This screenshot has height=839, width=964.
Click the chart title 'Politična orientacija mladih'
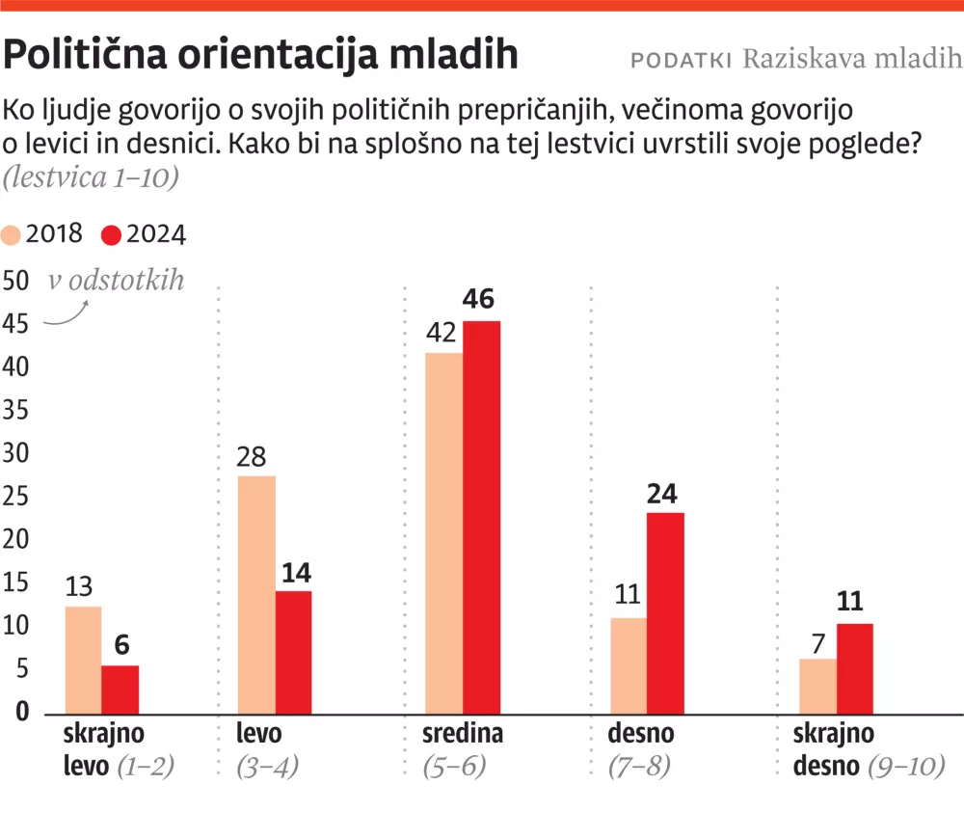(x=261, y=56)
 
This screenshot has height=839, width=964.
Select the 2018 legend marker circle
(x=13, y=234)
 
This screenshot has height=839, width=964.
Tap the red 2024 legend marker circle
(x=112, y=234)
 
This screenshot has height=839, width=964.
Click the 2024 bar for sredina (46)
(x=481, y=517)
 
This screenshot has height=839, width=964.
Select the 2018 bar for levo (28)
(x=256, y=594)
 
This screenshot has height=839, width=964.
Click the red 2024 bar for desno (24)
(x=665, y=613)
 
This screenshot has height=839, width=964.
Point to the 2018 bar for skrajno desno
(x=817, y=686)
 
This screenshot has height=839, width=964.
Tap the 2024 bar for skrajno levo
(x=120, y=690)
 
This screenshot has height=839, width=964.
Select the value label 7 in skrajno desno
(x=818, y=641)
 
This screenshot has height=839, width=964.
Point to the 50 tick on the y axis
(x=15, y=282)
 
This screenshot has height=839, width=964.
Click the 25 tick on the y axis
(x=15, y=497)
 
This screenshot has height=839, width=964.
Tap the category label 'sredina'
(x=463, y=734)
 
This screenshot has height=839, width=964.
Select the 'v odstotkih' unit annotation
(x=116, y=281)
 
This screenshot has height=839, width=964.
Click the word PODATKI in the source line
(x=680, y=60)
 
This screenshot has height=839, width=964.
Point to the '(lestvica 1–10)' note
(x=91, y=177)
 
